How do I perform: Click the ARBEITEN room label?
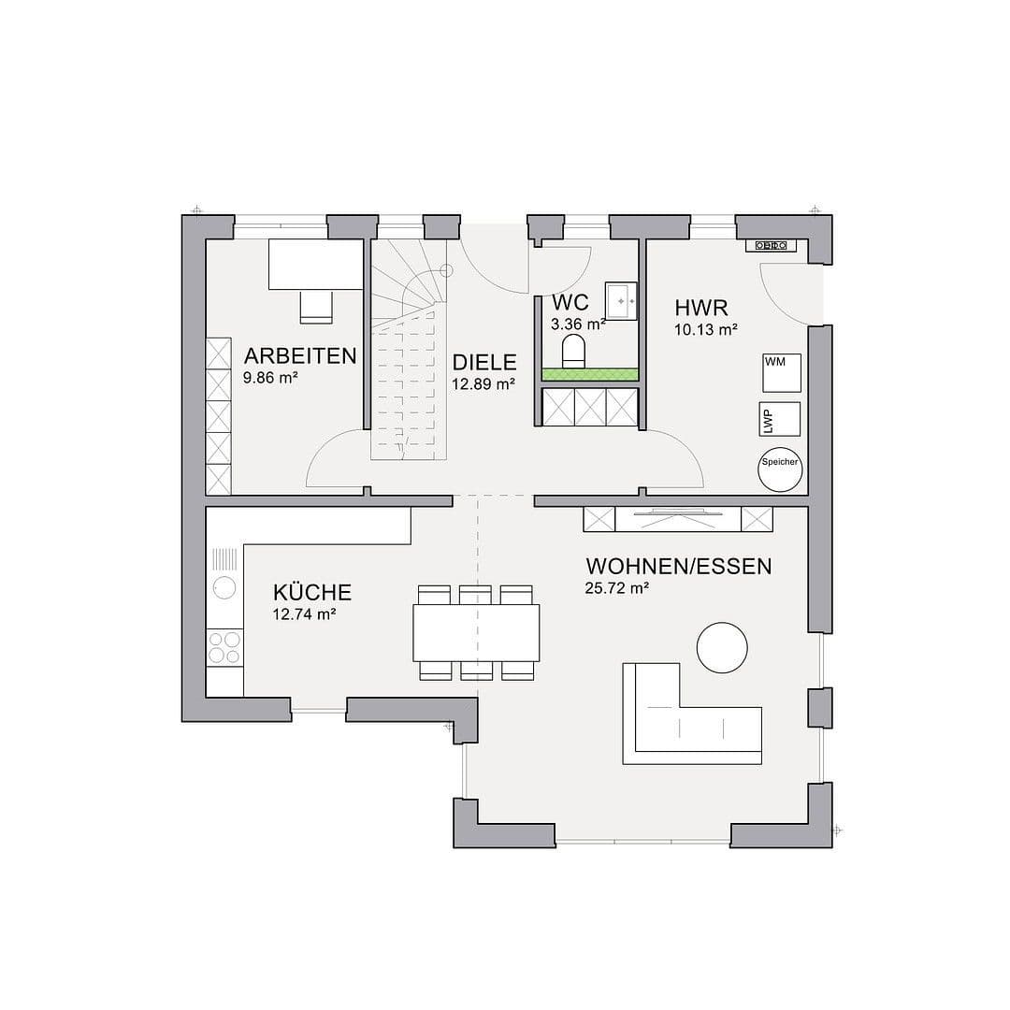coord(299,355)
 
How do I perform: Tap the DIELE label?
coord(483,363)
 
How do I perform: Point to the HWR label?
coord(700,307)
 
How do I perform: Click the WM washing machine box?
coord(782,372)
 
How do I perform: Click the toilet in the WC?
coord(574,353)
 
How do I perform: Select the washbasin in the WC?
coord(621,300)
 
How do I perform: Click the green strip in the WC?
coord(590,374)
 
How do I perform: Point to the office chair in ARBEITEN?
coord(316,306)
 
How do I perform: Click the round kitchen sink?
coord(224,587)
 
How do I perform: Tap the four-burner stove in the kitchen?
coord(224,646)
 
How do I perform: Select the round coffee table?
coord(722,647)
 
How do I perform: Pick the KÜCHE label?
coord(312,592)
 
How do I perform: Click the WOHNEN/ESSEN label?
coord(678,566)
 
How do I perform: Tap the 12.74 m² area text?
coord(304,614)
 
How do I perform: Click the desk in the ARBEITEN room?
coord(316,265)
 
